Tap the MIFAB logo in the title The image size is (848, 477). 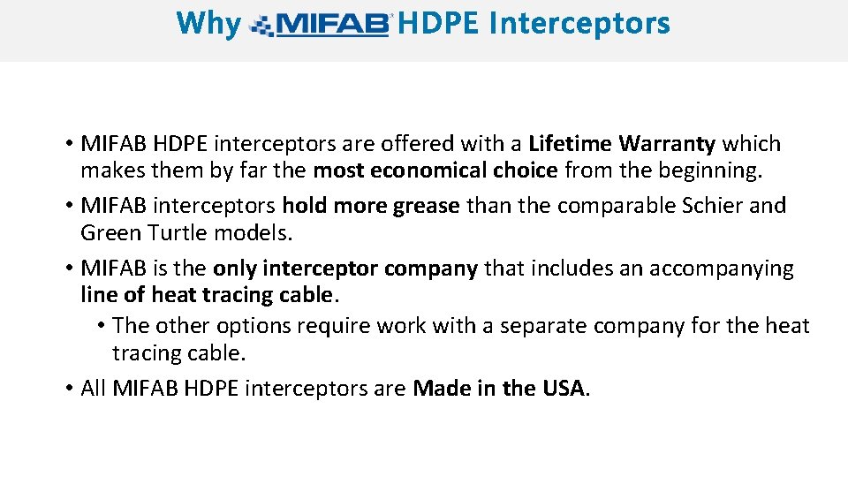[x=322, y=26]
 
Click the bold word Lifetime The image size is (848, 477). [x=571, y=143]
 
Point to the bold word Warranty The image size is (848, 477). [x=668, y=143]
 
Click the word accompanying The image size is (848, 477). [x=722, y=269]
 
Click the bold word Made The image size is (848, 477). [x=442, y=388]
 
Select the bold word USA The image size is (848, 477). [x=563, y=388]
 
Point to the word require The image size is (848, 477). [x=334, y=326]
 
